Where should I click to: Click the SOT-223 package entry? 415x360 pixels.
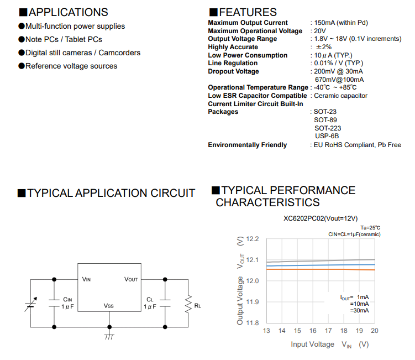328,128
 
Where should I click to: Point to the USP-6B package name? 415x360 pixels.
327,136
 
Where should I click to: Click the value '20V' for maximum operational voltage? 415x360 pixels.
319,31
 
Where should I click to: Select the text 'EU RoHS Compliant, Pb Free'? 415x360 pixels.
358,145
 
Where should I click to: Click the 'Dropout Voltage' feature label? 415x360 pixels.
233,71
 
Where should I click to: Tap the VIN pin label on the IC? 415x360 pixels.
86,279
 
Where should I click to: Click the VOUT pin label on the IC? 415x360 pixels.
131,279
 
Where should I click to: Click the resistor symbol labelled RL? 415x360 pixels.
188,303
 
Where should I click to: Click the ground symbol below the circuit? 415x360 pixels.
109,335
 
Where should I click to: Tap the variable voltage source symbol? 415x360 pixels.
31,304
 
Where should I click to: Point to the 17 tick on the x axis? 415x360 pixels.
328,331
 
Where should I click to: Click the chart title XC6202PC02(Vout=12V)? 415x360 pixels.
321,218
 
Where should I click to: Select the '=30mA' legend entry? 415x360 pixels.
359,311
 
